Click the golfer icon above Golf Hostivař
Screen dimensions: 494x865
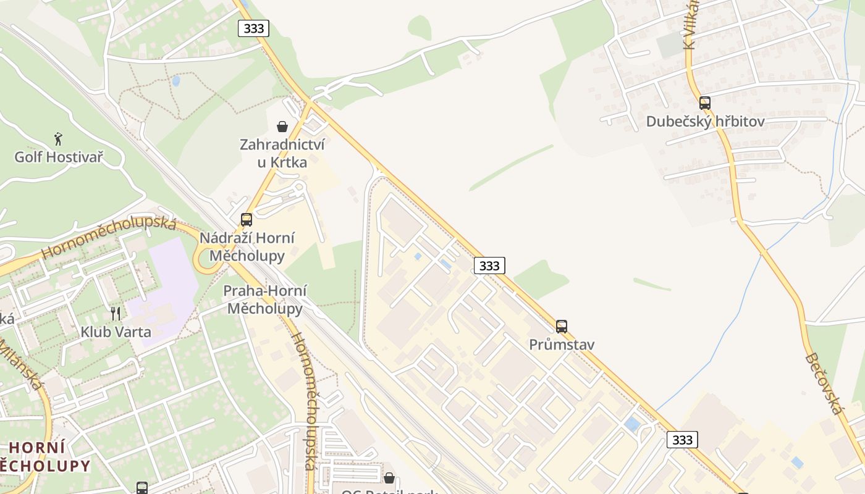click(x=58, y=138)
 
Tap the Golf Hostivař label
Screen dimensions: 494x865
click(x=59, y=157)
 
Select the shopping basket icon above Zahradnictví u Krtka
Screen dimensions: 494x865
click(x=282, y=127)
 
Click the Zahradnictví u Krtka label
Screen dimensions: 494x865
click(x=282, y=153)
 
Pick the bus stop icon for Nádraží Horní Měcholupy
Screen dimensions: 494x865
click(x=247, y=219)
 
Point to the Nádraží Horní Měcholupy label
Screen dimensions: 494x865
click(x=247, y=246)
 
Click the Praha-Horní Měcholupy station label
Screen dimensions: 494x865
click(x=264, y=299)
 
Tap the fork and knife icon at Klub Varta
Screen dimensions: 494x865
click(x=116, y=313)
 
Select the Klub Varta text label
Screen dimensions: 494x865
click(x=116, y=332)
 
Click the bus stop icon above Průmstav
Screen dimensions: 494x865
click(x=562, y=326)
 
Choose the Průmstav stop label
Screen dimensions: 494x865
click(x=562, y=345)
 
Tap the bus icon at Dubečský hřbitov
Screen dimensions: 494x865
click(x=705, y=103)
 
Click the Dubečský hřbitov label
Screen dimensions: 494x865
click(x=705, y=122)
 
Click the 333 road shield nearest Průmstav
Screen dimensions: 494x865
click(x=489, y=266)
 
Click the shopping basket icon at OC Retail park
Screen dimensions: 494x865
click(x=389, y=478)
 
